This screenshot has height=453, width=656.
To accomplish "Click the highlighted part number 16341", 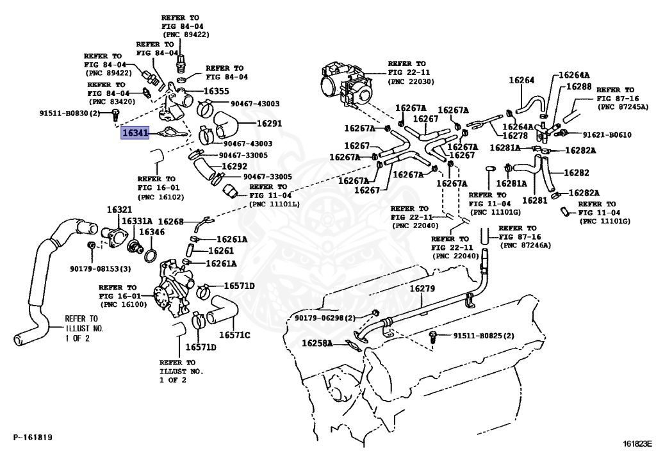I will point(135,133).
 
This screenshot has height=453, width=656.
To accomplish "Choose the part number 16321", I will point(119,210).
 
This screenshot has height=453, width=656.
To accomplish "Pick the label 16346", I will point(152,231).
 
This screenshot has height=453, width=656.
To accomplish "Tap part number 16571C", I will point(234,334).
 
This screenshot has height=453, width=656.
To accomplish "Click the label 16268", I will point(171,222).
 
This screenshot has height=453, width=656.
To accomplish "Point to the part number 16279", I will point(422,288).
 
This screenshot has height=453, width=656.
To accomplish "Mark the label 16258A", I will point(317,343).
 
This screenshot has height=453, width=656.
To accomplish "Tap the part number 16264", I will point(521,80).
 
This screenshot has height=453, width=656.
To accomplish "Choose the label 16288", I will point(579,86).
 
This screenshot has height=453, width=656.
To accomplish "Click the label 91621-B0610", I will point(607,135).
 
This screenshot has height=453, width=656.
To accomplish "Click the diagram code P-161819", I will point(33,438).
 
